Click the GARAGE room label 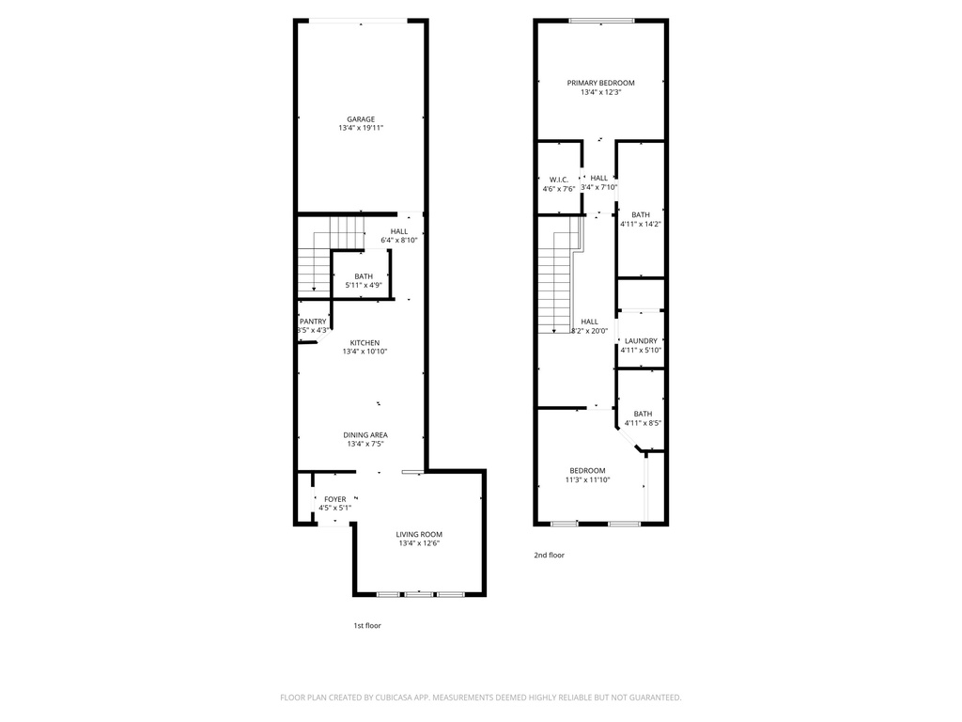pos(361,119)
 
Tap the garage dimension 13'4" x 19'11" pos(361,129)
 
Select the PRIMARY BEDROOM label pos(600,83)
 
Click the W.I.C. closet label pos(558,180)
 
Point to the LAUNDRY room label pos(641,341)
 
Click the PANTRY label pos(313,322)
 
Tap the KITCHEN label pos(365,342)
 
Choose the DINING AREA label pos(366,434)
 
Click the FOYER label pos(334,499)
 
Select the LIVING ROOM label pos(419,534)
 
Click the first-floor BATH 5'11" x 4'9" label pos(364,275)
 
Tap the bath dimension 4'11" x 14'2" pos(641,224)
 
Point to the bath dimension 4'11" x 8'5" pos(643,423)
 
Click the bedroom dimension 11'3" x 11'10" pos(587,479)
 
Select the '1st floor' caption pos(366,625)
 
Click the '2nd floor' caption pos(549,555)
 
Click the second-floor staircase pos(555,282)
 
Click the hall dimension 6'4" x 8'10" pos(399,240)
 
